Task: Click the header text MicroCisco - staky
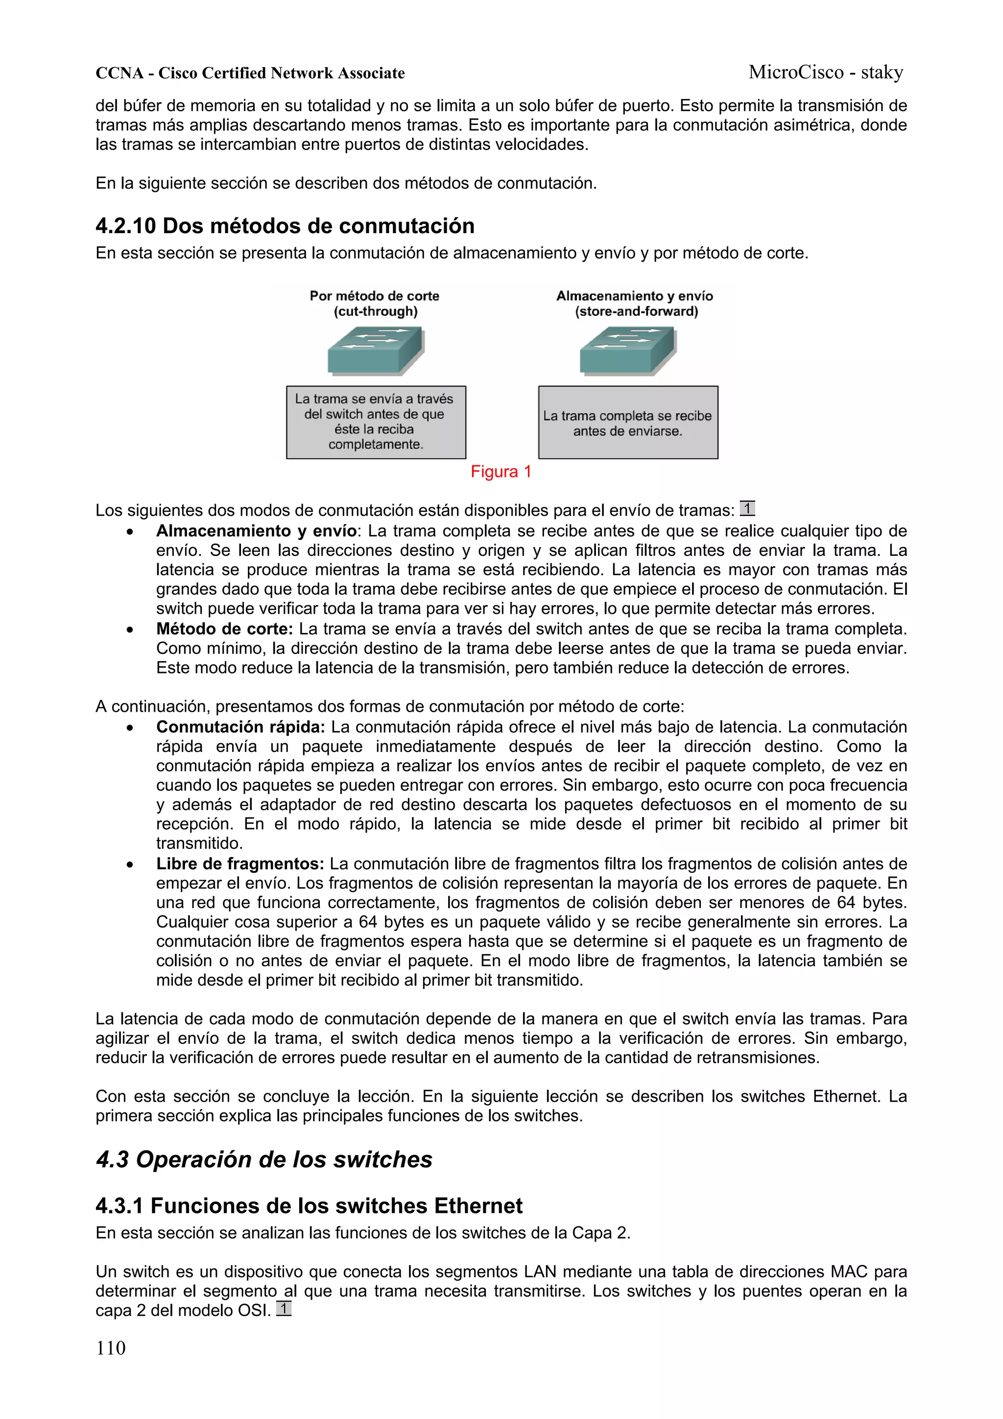click(825, 72)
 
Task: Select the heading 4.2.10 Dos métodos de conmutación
click(285, 226)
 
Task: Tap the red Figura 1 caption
click(501, 472)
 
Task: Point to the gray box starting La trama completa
click(628, 423)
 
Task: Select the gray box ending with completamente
click(376, 423)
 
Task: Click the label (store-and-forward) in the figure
click(636, 312)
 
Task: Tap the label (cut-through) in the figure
click(375, 312)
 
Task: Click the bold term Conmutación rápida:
click(240, 727)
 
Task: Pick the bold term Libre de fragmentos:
click(240, 864)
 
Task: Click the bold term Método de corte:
click(224, 629)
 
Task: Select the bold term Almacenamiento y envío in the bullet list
click(256, 531)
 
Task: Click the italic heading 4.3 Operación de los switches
click(264, 1159)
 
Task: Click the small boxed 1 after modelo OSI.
click(284, 1308)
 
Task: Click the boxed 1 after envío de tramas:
click(747, 508)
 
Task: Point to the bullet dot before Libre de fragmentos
click(129, 865)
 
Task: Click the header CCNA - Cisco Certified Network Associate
click(250, 73)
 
